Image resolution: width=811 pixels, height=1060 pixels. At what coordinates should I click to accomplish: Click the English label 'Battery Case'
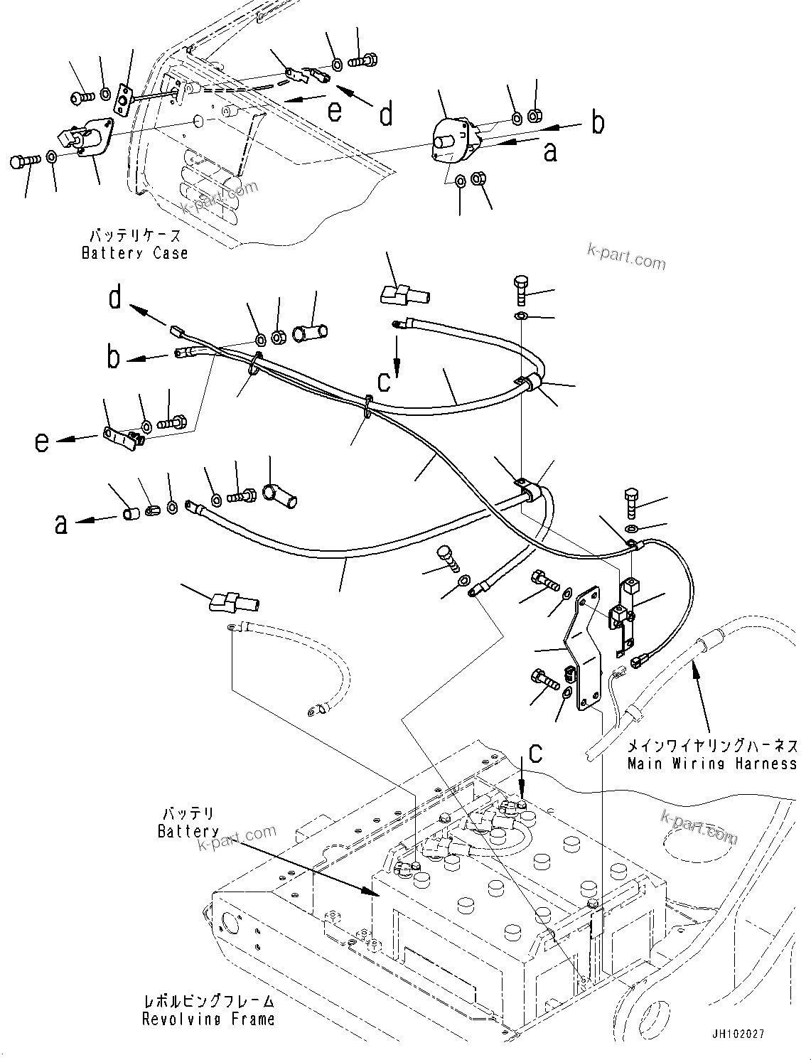point(135,253)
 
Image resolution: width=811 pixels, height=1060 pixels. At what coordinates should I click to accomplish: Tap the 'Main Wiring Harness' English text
point(711,764)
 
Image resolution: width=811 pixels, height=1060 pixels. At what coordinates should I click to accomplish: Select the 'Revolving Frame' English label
point(208,1019)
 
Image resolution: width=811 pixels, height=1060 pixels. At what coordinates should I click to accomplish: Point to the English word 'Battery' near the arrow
point(188,831)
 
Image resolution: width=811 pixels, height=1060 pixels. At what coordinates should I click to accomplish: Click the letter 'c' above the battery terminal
point(535,753)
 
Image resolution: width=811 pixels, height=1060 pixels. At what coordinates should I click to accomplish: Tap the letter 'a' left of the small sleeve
point(62,524)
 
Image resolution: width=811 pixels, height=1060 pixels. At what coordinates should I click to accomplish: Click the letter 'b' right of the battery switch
point(598,122)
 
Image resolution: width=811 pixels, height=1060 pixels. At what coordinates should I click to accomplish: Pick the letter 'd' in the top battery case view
point(386,114)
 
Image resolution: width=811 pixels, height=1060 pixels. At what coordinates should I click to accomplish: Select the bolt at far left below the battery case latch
point(22,161)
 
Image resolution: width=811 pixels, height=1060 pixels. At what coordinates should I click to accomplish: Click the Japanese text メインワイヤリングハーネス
point(711,746)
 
